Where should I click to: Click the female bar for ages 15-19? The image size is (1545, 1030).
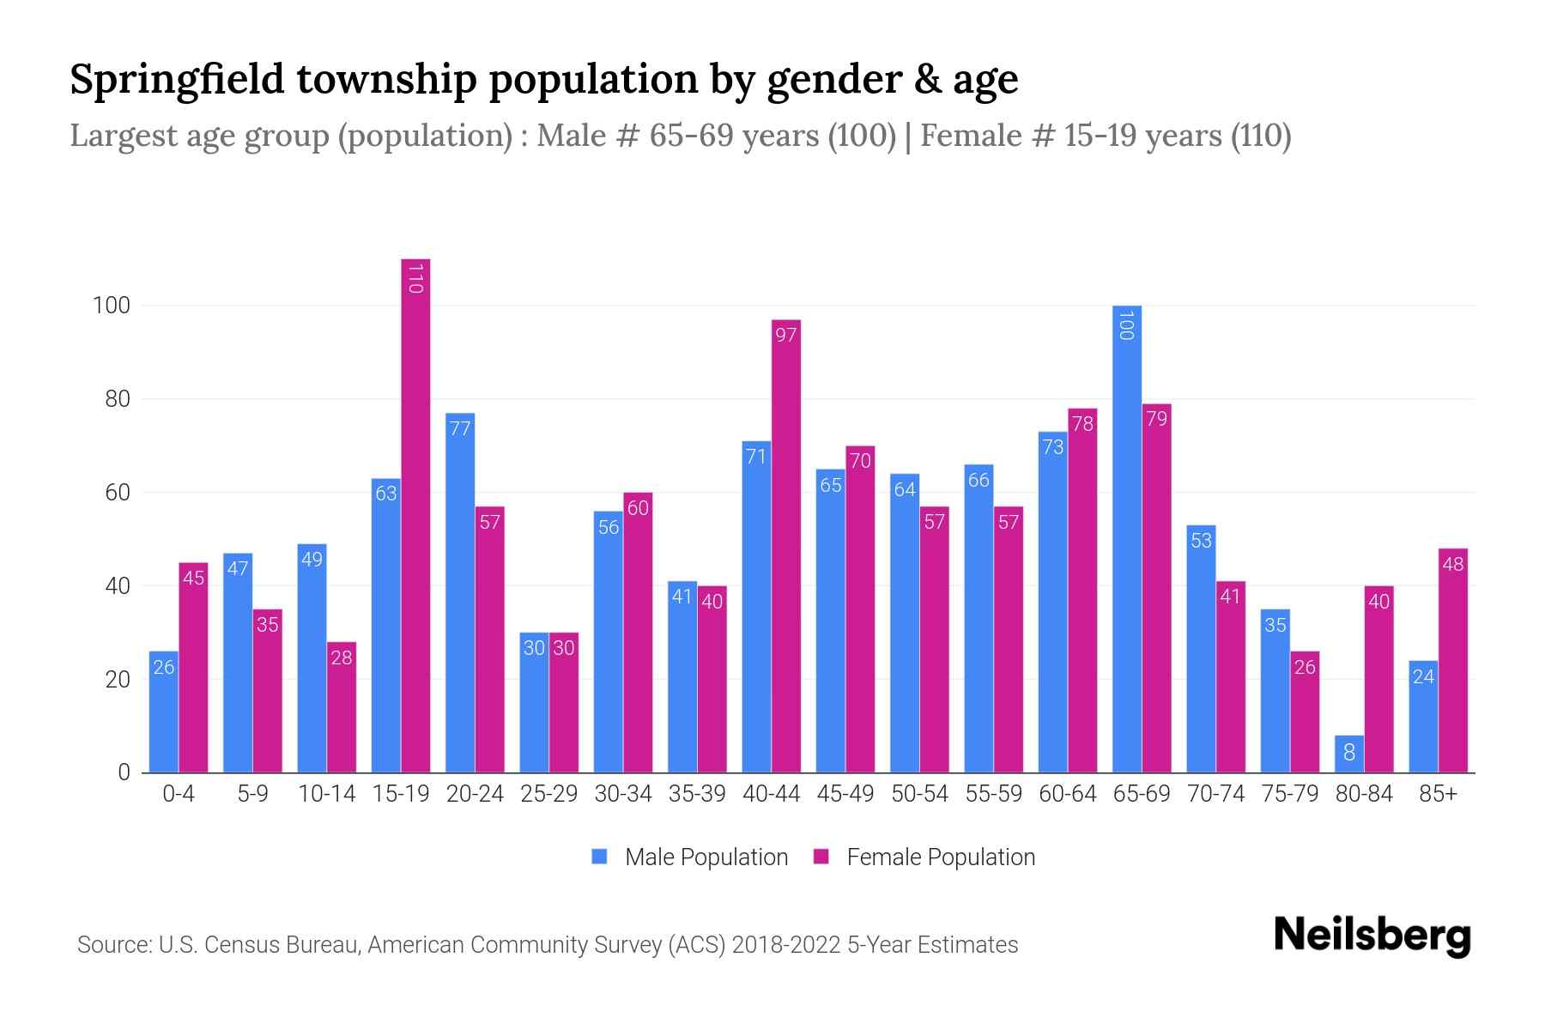coord(415,515)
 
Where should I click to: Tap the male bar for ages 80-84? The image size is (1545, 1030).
coord(1348,754)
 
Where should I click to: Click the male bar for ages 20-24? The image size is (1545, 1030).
coord(460,592)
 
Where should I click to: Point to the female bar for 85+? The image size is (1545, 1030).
coord(1453,660)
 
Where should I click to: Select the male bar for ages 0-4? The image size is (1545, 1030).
coord(164,712)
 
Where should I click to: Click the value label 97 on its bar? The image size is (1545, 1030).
coord(786,335)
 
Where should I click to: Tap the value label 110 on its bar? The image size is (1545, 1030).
coord(415,279)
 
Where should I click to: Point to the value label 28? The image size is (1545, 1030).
coord(342,657)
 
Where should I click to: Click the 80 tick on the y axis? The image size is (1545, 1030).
coord(112,399)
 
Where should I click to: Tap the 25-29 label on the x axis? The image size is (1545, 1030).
coord(548,794)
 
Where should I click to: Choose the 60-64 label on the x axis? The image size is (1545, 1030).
coord(1068,794)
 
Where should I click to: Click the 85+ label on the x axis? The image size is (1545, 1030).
coord(1438,794)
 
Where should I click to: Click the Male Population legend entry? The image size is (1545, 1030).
coord(690,857)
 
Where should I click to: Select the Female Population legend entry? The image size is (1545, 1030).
coord(924,857)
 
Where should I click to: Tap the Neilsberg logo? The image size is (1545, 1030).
coord(1372,936)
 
